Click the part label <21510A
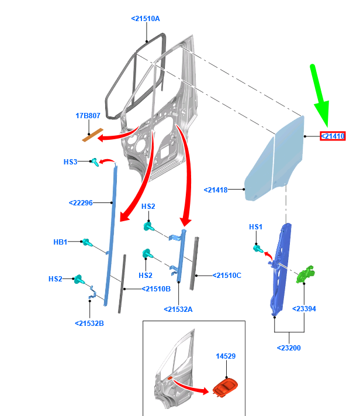pyautogui.click(x=146, y=19)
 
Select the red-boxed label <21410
pyautogui.click(x=333, y=136)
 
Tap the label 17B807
pyautogui.click(x=88, y=116)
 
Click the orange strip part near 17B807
pyautogui.click(x=92, y=135)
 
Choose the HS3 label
pyautogui.click(x=70, y=162)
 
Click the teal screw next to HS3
pyautogui.click(x=95, y=162)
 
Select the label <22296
pyautogui.click(x=81, y=203)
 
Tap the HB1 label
pyautogui.click(x=60, y=242)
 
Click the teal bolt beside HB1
pyautogui.click(x=86, y=242)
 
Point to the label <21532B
pyautogui.click(x=89, y=324)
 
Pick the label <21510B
pyautogui.click(x=156, y=289)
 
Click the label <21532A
pyautogui.click(x=178, y=310)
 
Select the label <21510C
pyautogui.click(x=227, y=276)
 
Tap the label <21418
pyautogui.click(x=216, y=190)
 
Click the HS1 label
pyautogui.click(x=255, y=227)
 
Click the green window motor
pyautogui.click(x=305, y=274)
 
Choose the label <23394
pyautogui.click(x=304, y=309)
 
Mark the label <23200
pyautogui.click(x=289, y=348)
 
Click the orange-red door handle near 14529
pyautogui.click(x=225, y=387)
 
